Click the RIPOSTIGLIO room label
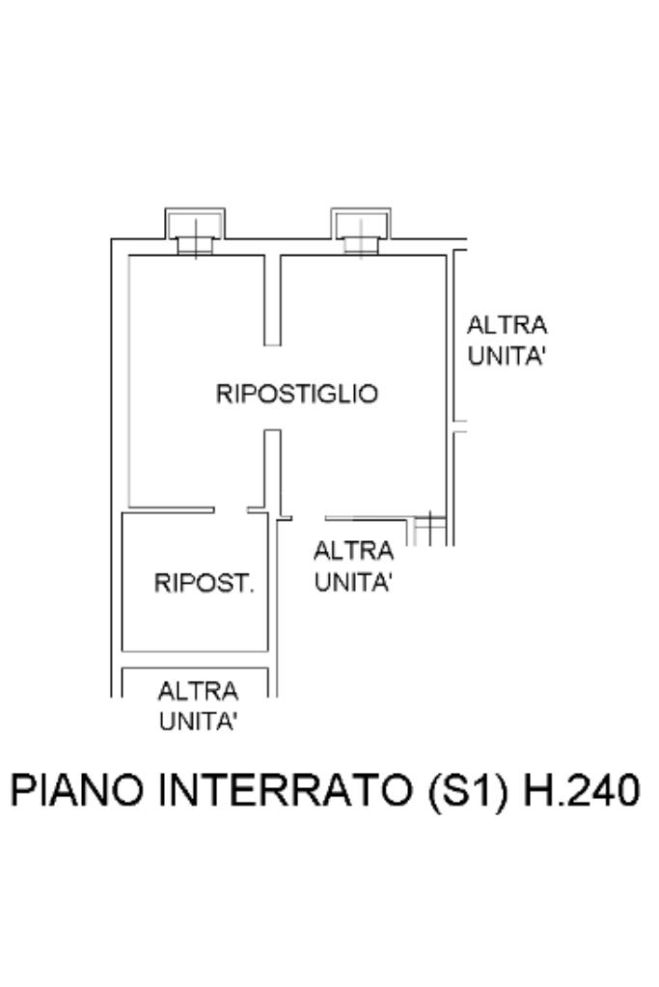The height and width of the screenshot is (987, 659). pos(296,394)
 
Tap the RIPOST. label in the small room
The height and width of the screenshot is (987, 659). pos(204,584)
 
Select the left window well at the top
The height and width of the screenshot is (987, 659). pos(195,230)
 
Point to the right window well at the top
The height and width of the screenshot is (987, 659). pos(361,230)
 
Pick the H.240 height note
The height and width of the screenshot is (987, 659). pos(580,791)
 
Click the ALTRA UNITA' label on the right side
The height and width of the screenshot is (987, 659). pos(507,340)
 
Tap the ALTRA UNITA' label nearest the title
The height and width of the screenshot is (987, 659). pos(198,706)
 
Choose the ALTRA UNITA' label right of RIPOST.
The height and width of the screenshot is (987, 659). pos(353,566)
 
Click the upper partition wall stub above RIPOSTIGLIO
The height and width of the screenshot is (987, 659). pos(272,299)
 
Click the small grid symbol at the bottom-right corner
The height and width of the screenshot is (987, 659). pos(429,530)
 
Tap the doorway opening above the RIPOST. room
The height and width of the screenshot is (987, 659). pos(231,510)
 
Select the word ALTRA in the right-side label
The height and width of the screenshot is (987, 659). pos(507,324)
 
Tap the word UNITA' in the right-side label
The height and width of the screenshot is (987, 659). pos(507,355)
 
